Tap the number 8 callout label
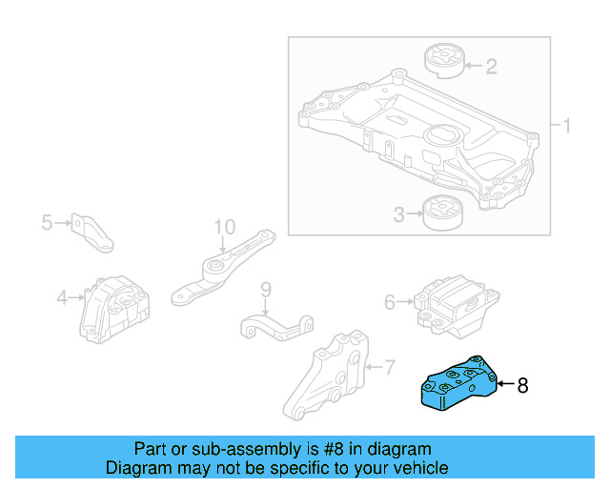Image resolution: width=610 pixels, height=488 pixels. pos(522,386)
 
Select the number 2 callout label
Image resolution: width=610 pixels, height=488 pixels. pos(491,67)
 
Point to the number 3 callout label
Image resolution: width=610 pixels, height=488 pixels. pos(399,215)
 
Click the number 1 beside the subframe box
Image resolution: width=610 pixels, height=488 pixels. pos(565,126)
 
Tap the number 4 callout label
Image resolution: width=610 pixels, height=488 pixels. pos(62,298)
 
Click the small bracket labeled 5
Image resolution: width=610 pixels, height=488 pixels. pos(95,233)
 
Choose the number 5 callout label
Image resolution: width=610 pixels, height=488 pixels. pos(47,223)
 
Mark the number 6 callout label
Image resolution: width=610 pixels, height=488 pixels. pos(390,302)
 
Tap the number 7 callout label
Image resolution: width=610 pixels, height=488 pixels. pos(388,366)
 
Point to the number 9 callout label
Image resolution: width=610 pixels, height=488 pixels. pos(266,289)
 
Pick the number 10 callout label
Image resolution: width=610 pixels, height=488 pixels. pos(223,227)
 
